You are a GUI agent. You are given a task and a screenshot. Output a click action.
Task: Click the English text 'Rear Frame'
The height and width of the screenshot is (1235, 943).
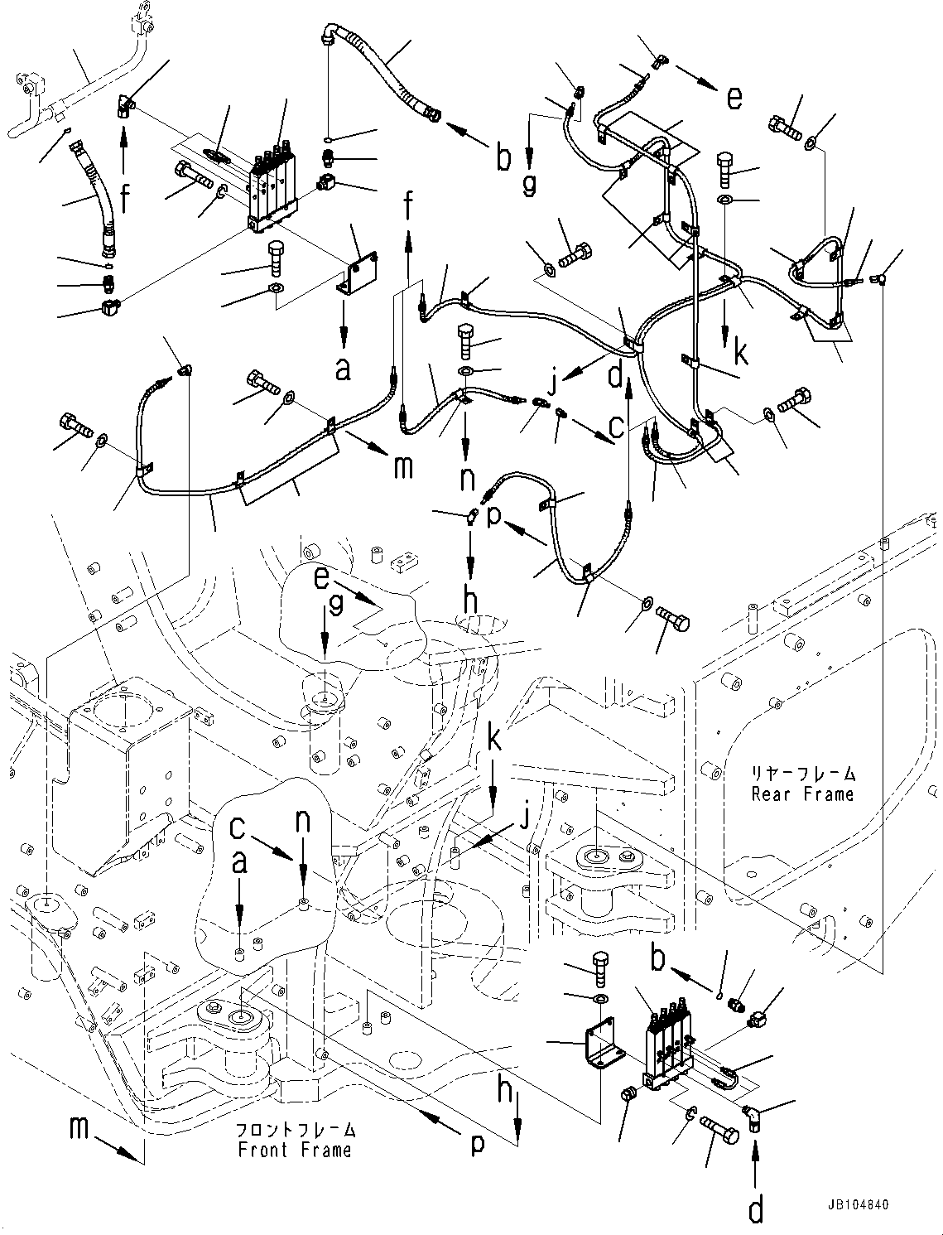coord(801,794)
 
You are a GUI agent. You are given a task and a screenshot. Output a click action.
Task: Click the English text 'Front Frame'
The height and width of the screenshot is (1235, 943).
coord(294,1150)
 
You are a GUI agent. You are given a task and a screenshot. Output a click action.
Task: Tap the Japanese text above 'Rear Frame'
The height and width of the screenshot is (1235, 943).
coord(802,775)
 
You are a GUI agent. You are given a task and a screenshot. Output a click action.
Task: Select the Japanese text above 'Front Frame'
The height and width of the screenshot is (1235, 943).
coord(296,1130)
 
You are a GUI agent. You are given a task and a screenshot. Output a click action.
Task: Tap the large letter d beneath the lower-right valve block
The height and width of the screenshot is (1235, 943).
coord(756,1210)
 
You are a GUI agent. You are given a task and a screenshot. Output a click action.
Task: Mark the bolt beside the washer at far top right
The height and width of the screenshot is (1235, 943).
coord(785,128)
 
